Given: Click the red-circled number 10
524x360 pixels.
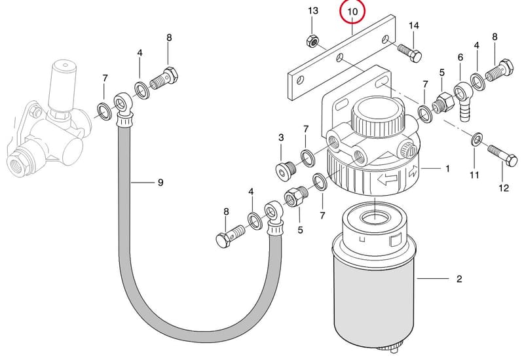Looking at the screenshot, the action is [352, 12].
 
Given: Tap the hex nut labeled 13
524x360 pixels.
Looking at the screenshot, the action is [312, 41].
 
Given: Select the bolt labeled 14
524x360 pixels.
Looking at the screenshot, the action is [410, 53].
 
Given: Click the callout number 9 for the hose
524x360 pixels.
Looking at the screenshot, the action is [160, 183].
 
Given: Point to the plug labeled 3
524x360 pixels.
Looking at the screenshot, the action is [284, 170].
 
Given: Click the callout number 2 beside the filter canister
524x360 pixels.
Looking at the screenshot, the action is [459, 279].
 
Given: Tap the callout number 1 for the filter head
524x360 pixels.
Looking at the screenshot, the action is [448, 169].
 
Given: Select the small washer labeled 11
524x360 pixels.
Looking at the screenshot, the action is [476, 139].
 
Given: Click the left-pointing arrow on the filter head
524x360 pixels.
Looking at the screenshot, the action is [387, 179].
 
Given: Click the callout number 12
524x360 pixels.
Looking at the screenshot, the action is [504, 188].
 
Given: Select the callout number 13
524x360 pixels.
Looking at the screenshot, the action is [313, 10].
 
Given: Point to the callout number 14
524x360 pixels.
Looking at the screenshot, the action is [413, 26].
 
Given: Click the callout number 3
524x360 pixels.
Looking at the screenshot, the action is [281, 137].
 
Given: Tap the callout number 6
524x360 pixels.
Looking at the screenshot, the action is [460, 58].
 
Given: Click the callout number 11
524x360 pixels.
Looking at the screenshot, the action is [474, 175].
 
